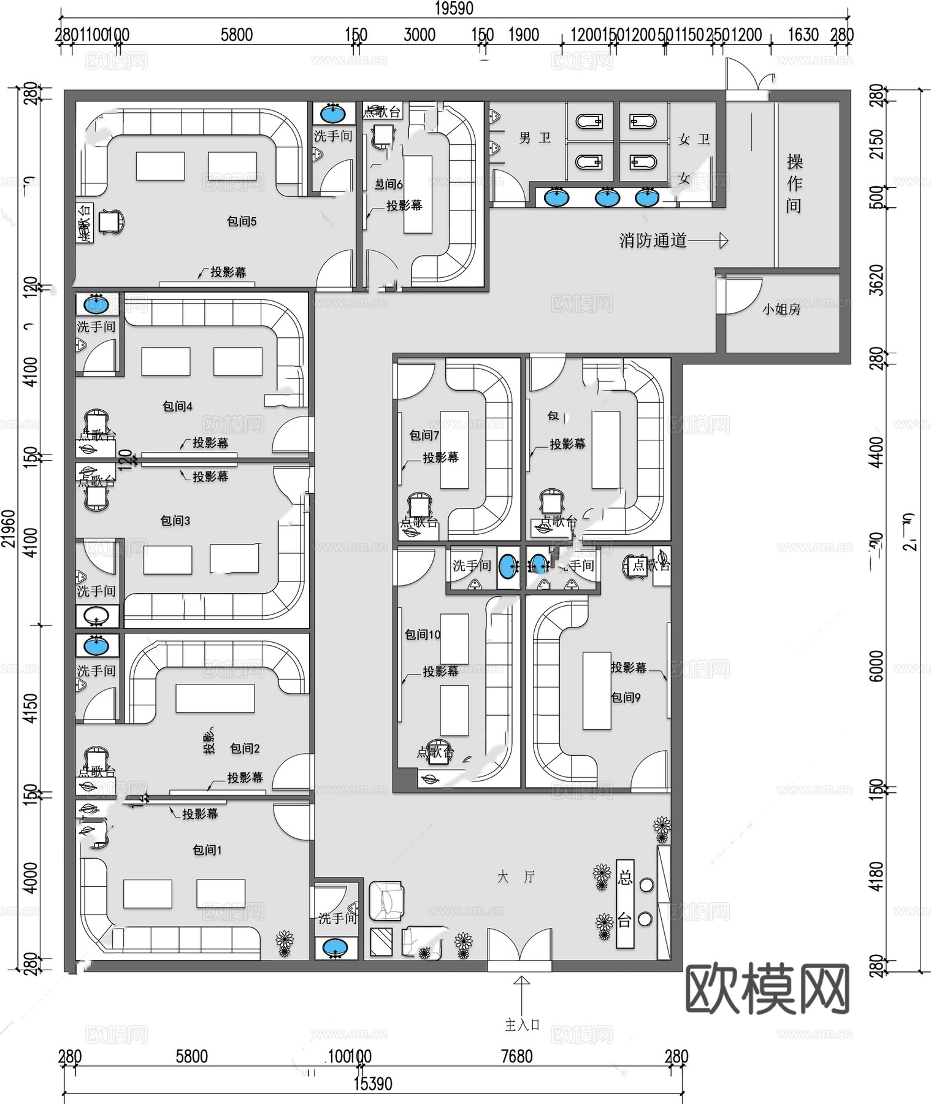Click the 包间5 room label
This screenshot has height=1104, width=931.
[x=242, y=221]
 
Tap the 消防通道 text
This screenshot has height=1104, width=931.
[x=653, y=240]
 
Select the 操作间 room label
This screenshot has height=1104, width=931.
[x=794, y=183]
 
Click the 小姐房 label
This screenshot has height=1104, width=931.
[x=781, y=310]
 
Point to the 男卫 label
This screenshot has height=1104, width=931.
[x=535, y=139]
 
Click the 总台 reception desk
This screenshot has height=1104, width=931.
[x=624, y=902]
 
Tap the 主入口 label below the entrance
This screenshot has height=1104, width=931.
[x=522, y=1025]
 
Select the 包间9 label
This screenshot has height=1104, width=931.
[x=626, y=697]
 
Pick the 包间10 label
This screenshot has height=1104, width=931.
[x=423, y=635]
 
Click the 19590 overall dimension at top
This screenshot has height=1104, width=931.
[x=454, y=9]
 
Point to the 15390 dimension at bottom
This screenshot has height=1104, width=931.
[x=373, y=1084]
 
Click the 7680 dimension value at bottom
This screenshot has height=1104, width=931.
[x=516, y=1056]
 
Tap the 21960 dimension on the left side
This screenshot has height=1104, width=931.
[x=9, y=528]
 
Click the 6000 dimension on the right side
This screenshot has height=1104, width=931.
[x=877, y=666]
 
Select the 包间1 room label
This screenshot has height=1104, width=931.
[x=207, y=850]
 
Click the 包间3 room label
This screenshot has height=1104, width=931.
[x=175, y=521]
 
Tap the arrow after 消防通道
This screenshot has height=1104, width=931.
[x=708, y=241]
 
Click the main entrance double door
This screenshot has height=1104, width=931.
[x=519, y=950]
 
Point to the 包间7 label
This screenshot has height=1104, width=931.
[x=424, y=435]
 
